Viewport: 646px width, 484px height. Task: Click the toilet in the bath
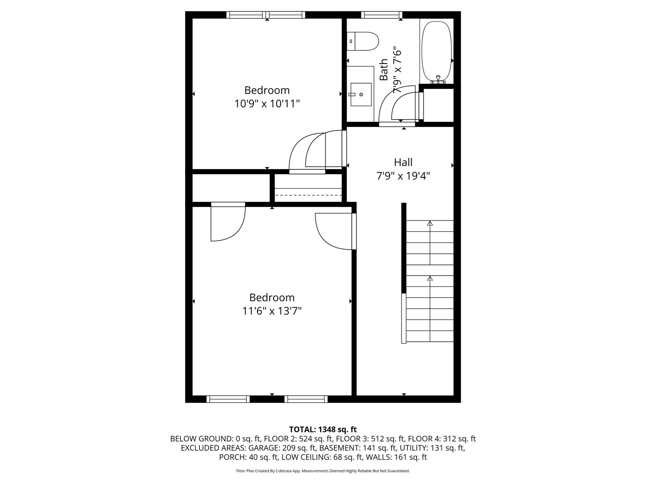click(363, 41)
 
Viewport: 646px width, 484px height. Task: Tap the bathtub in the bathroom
click(437, 51)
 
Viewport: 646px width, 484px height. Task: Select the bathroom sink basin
click(361, 95)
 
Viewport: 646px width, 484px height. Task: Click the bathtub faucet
click(438, 78)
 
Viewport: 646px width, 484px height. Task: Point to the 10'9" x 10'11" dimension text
click(267, 104)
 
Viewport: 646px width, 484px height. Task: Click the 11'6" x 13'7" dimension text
click(272, 311)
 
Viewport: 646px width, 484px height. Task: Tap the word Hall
click(403, 163)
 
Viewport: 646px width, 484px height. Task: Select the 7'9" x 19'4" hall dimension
click(403, 176)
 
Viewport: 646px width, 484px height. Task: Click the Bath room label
click(384, 70)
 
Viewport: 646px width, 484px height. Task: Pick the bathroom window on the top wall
click(382, 15)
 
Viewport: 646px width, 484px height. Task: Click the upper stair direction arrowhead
click(430, 223)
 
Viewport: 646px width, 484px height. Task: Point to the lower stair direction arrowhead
click(430, 279)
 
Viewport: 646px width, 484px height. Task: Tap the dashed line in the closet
click(308, 195)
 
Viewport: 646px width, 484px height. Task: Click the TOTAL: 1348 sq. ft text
click(323, 429)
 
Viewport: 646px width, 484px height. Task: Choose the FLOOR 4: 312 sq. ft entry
click(442, 439)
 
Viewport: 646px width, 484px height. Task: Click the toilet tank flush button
click(351, 41)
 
